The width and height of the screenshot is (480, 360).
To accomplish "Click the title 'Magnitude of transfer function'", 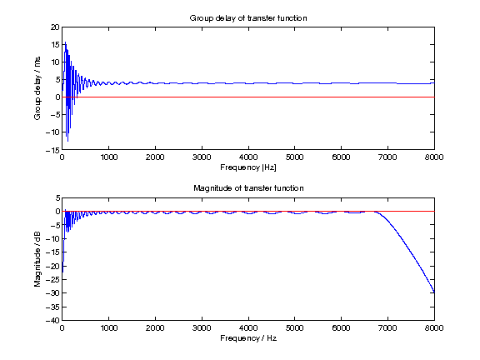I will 248,188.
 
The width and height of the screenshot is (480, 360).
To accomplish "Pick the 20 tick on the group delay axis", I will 55,27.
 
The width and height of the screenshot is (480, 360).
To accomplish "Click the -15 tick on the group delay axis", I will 53,150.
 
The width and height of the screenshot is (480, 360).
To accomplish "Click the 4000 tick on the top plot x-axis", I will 248,157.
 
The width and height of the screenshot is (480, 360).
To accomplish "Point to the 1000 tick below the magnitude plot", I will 108,328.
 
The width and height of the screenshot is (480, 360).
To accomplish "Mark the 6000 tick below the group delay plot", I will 341,157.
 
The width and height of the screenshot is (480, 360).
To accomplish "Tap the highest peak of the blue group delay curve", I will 64,43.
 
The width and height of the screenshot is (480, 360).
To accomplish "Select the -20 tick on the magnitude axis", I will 53,266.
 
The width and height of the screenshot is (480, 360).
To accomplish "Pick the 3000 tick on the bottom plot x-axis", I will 202,328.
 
